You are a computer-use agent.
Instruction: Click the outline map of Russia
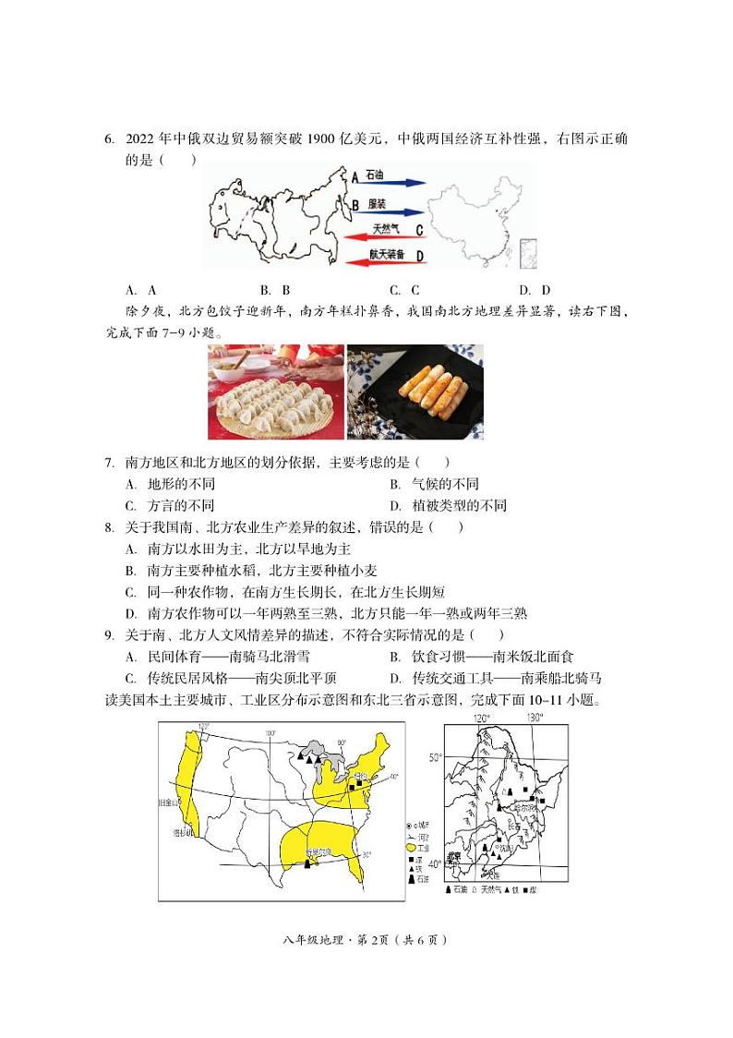coord(277,217)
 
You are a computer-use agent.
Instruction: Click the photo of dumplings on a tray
coord(275,392)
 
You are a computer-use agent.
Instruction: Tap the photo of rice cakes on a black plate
coord(415,392)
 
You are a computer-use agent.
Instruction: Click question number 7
coord(109,462)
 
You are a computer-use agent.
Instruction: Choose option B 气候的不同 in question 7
coord(434,484)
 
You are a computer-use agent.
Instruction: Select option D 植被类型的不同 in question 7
coord(448,506)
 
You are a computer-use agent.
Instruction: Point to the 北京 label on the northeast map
coord(453,857)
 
